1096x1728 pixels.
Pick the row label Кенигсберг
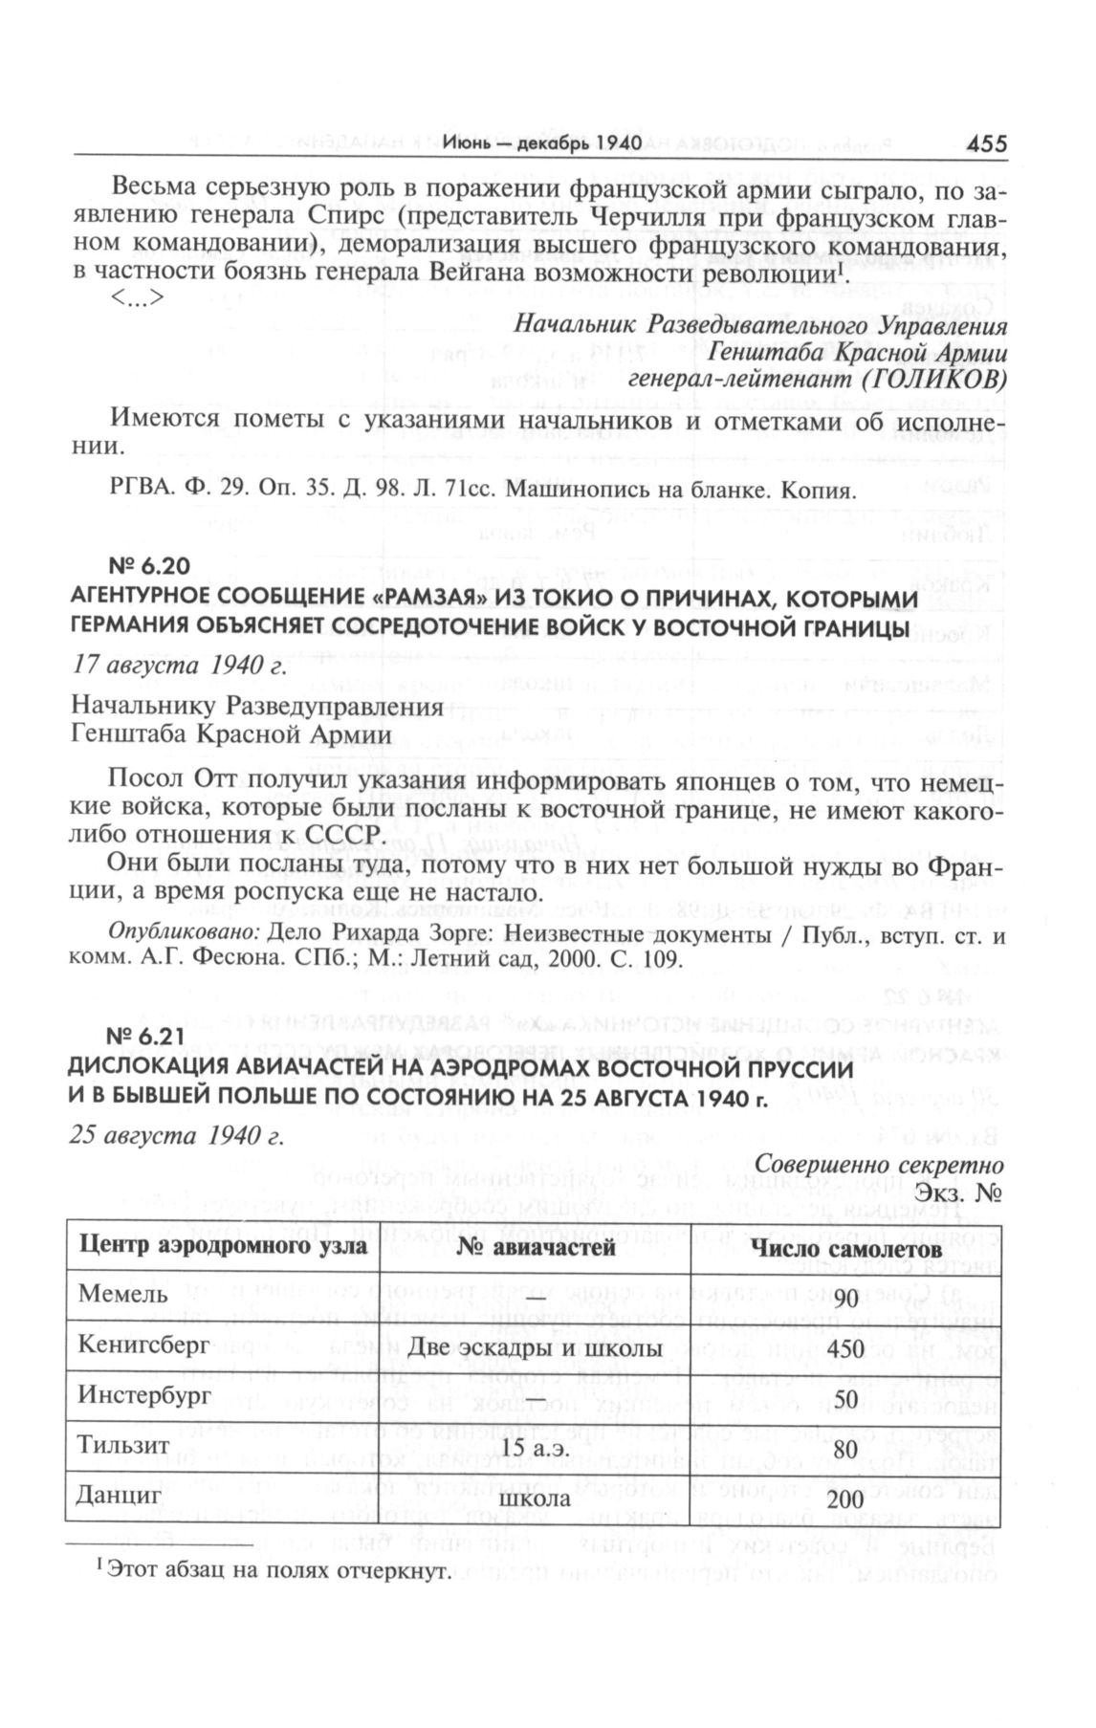pyautogui.click(x=143, y=1346)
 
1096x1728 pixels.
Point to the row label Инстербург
pyautogui.click(x=144, y=1397)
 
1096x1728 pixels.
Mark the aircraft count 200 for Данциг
pyautogui.click(x=846, y=1498)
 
